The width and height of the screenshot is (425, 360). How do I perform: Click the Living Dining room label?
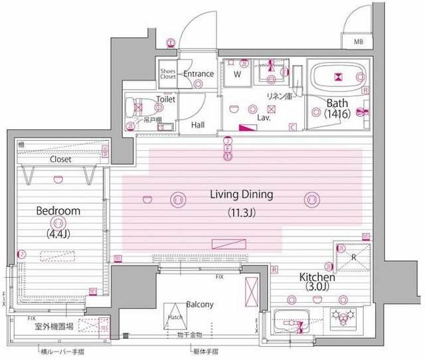[242, 195]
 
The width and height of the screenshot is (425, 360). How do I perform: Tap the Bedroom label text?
[58, 211]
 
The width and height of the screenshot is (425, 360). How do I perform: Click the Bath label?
[337, 102]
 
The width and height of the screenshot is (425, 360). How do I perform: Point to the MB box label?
[359, 43]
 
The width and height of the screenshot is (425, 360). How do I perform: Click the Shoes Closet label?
[167, 74]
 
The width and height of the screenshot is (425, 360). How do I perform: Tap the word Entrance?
[198, 74]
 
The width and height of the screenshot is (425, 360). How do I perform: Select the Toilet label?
[165, 99]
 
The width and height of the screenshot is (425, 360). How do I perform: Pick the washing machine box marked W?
[236, 74]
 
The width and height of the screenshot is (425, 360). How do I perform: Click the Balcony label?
[199, 305]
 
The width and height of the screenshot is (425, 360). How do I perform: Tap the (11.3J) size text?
[242, 214]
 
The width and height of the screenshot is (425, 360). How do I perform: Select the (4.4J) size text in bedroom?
[58, 233]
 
